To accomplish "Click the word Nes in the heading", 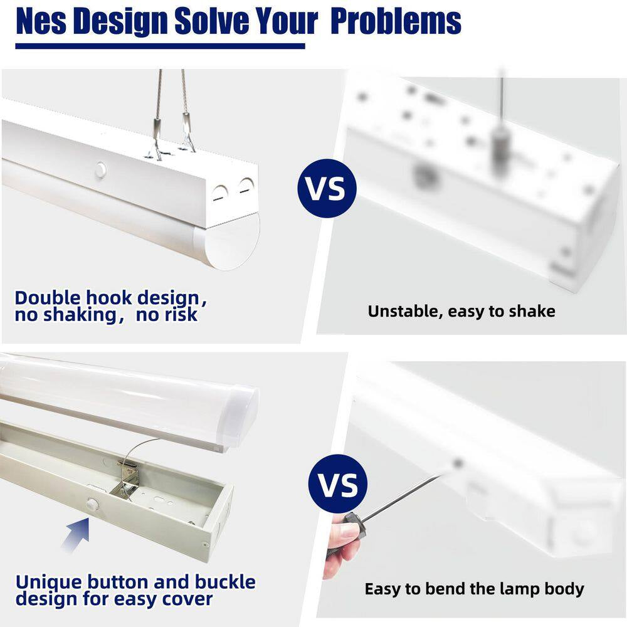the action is (41, 21).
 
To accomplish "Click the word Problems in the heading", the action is (396, 21).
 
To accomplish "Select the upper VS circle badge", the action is (327, 188).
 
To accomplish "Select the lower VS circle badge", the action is (338, 484).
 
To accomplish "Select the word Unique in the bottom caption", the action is (49, 583).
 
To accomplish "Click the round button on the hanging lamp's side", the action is (100, 170).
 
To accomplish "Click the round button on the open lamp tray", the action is (92, 504).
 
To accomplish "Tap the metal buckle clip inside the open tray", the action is (127, 480).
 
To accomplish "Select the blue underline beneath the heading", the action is (160, 46).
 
